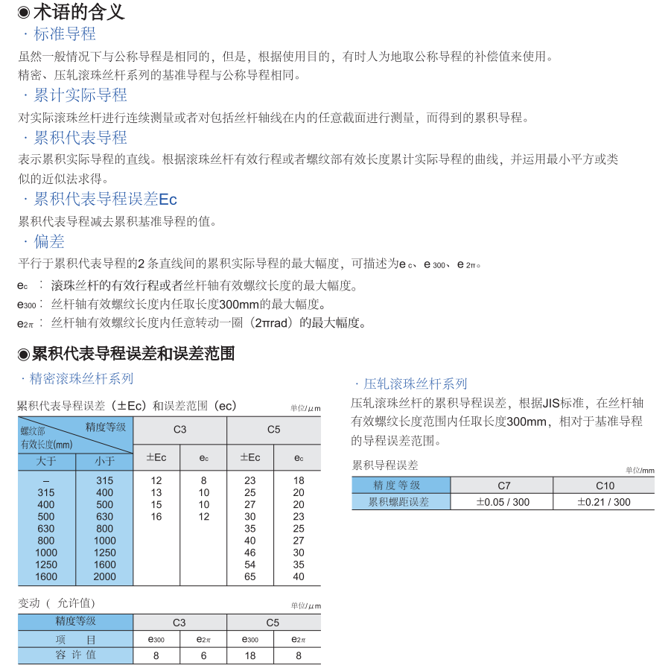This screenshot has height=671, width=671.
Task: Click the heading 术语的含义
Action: pyautogui.click(x=79, y=12)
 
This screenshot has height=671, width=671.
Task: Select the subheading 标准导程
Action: pyautogui.click(x=65, y=34)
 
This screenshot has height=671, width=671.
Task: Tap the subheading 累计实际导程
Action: pyautogui.click(x=80, y=95)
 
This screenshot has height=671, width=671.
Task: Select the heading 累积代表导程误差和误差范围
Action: pyautogui.click(x=134, y=354)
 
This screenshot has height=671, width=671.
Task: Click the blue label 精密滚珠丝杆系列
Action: pyautogui.click(x=81, y=379)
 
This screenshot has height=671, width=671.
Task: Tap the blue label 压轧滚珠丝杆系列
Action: pyautogui.click(x=415, y=384)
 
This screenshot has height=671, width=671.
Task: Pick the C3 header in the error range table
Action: pyautogui.click(x=179, y=430)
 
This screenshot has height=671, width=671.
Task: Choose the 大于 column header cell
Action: pyautogui.click(x=46, y=461)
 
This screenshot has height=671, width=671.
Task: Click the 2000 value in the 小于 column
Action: pyautogui.click(x=105, y=576)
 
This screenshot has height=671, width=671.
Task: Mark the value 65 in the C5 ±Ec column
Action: pyautogui.click(x=250, y=576)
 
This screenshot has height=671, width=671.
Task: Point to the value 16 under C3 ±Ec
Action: pyautogui.click(x=156, y=517)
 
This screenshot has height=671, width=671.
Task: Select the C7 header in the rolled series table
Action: pyautogui.click(x=503, y=486)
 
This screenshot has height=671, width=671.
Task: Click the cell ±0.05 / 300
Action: pyautogui.click(x=503, y=502)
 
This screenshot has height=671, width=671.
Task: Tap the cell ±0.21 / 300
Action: pyautogui.click(x=604, y=502)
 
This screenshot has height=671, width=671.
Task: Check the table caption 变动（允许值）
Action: pyautogui.click(x=57, y=603)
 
